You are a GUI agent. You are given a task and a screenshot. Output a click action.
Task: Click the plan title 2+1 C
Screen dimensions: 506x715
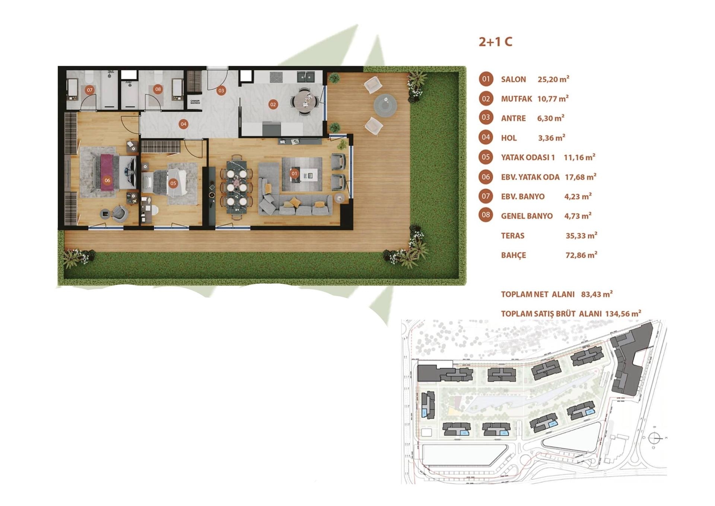[x=495, y=42]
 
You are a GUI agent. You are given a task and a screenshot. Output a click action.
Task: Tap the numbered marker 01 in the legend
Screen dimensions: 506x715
[x=486, y=79]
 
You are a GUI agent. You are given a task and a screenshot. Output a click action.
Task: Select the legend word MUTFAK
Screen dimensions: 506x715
[x=516, y=99]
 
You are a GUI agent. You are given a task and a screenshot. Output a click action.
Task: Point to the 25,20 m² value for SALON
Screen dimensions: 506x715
[x=553, y=79]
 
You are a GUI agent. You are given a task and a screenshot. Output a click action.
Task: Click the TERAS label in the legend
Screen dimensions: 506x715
[x=512, y=235]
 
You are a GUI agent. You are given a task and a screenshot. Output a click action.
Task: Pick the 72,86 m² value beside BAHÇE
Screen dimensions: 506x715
[x=581, y=255]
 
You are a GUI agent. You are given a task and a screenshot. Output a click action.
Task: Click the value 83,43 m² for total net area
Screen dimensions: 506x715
[x=597, y=294]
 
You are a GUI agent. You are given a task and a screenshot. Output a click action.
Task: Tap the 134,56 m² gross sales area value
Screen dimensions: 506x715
[x=623, y=314]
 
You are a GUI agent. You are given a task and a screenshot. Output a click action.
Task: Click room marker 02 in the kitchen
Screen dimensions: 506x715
[x=273, y=104]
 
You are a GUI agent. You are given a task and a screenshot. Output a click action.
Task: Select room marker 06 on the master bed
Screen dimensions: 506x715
[x=107, y=180]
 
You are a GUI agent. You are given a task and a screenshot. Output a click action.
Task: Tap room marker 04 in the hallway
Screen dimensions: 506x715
[x=183, y=124]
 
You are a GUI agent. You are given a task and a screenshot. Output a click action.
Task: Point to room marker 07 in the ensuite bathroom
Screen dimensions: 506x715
[x=89, y=90]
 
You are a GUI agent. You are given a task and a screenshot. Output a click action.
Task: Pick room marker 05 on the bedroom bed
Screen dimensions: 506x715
[x=173, y=183]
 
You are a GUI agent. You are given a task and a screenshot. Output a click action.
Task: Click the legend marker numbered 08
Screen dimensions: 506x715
[x=486, y=215]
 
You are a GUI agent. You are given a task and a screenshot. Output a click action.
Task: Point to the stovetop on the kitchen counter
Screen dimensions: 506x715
[x=276, y=77]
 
